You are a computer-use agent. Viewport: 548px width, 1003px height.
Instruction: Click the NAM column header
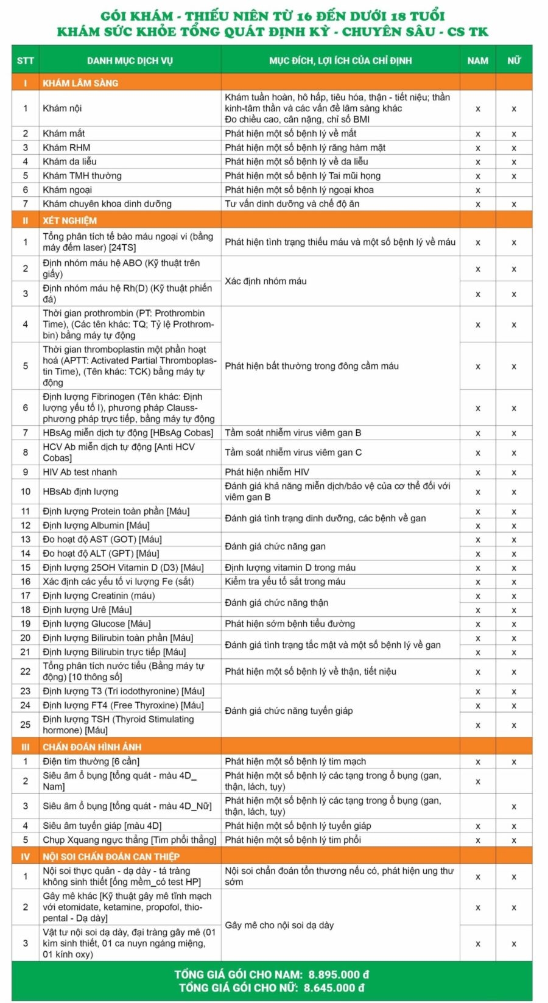477,60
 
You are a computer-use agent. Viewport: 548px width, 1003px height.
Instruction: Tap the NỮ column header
514,60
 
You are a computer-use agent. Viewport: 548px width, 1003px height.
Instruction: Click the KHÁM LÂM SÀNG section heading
80,83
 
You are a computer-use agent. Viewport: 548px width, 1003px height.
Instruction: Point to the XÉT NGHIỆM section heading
69,220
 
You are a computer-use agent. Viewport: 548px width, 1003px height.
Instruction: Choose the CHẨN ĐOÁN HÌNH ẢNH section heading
92,747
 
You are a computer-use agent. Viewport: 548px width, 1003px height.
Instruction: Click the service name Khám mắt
64,133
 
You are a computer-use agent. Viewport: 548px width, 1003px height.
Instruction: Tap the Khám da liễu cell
69,161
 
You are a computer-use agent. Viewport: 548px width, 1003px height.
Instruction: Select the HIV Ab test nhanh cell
80,472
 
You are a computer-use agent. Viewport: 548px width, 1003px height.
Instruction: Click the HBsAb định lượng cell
80,491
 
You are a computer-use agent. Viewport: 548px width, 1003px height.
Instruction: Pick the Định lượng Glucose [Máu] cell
96,624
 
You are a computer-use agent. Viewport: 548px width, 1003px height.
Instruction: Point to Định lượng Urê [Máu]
87,610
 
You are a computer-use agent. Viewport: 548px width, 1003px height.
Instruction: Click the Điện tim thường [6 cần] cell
91,761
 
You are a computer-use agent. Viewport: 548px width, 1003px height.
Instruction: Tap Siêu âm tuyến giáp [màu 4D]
102,826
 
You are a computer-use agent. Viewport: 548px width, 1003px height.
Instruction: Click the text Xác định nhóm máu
265,281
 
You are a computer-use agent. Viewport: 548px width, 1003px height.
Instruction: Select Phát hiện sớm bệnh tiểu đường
290,624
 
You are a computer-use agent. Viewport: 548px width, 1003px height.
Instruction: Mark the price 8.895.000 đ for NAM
339,974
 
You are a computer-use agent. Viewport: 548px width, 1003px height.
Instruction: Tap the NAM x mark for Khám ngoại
477,190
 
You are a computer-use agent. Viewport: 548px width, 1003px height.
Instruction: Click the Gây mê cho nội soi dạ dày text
279,925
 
